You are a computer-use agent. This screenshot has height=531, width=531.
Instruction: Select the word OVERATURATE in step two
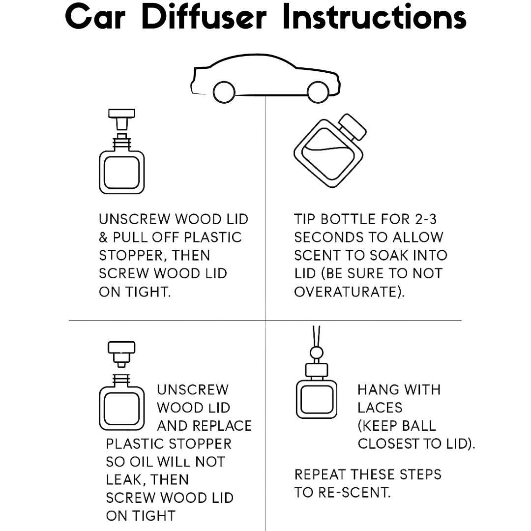[349, 292]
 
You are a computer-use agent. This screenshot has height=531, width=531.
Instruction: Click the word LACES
[380, 408]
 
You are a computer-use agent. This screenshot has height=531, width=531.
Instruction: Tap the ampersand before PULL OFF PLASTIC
[104, 238]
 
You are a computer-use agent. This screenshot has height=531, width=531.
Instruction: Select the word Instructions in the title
[374, 17]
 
